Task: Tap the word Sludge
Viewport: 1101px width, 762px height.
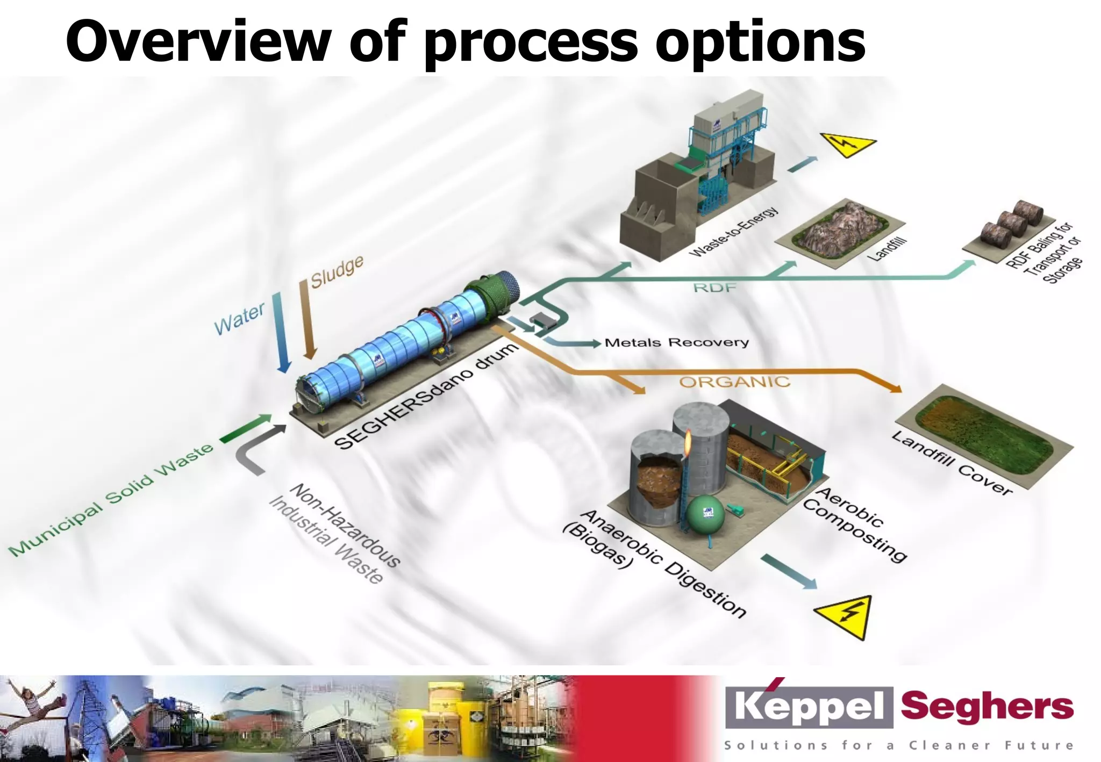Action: coord(337,272)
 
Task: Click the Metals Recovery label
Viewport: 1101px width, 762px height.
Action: coord(676,342)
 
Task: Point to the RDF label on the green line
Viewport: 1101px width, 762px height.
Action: coord(714,287)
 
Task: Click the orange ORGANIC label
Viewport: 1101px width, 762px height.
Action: coord(734,382)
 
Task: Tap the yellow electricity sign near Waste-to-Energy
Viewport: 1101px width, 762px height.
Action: coord(847,144)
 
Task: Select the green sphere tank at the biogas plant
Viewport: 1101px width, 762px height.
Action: coord(705,514)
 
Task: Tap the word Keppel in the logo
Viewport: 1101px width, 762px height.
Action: coord(809,706)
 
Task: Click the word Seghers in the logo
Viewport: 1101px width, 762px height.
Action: coord(987,706)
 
